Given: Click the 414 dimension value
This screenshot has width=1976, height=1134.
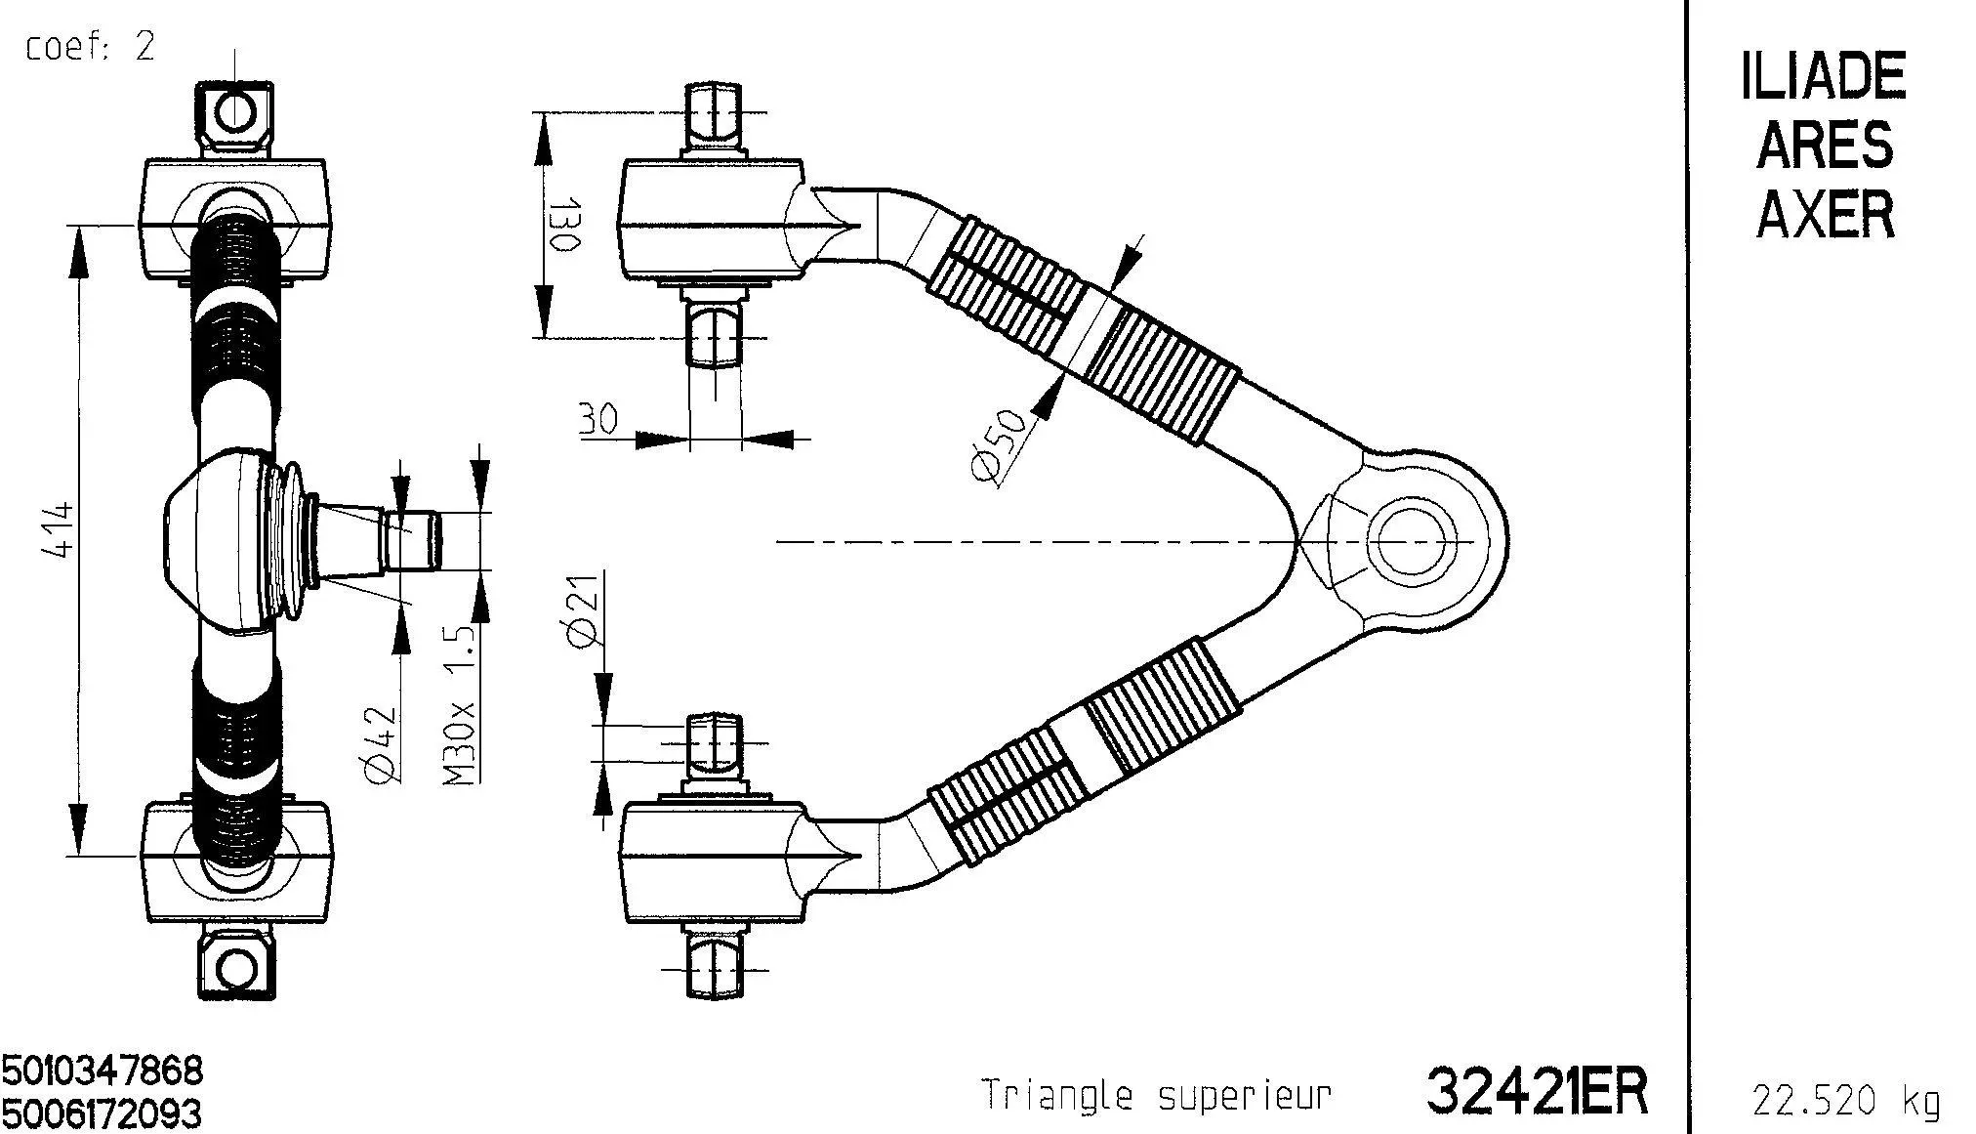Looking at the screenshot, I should pos(60,529).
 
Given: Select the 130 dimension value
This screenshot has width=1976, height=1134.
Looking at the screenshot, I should pos(565,227).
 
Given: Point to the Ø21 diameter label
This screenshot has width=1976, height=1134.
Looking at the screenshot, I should pos(582,610).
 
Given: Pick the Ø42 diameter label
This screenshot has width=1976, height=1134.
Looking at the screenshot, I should pos(382,744).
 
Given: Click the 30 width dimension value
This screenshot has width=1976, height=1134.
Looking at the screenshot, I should pos(598,420).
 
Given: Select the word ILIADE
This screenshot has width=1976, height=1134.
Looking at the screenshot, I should pos(1823,77).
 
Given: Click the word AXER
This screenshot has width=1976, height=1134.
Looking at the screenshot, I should pos(1826,214).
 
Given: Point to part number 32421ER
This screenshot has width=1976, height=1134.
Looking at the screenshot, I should pos(1537,1091).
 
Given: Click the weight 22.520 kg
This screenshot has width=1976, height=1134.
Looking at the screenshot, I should pos(1845,1101).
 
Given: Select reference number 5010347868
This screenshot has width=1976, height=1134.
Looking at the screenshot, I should pos(103,1071).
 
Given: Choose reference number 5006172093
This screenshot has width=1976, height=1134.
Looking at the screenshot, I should pos(103,1113).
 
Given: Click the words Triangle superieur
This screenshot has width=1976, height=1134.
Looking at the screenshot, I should pos(1156,1095).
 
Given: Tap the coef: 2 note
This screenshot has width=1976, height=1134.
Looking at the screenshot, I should pos(90,46).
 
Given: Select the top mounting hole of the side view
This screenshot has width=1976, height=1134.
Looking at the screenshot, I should pos(235,110).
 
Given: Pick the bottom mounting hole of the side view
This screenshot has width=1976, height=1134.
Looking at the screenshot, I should pos(235,970).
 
